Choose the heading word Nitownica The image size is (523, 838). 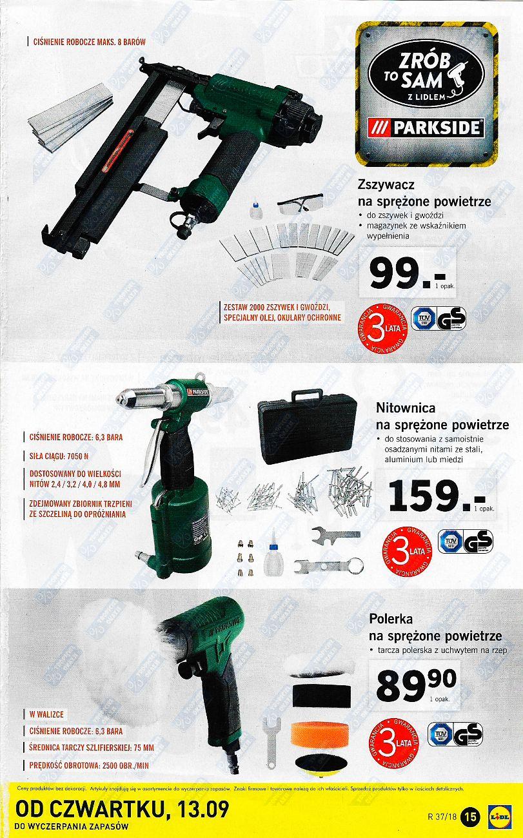[x=406, y=408]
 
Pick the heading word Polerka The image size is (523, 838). [x=391, y=618]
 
